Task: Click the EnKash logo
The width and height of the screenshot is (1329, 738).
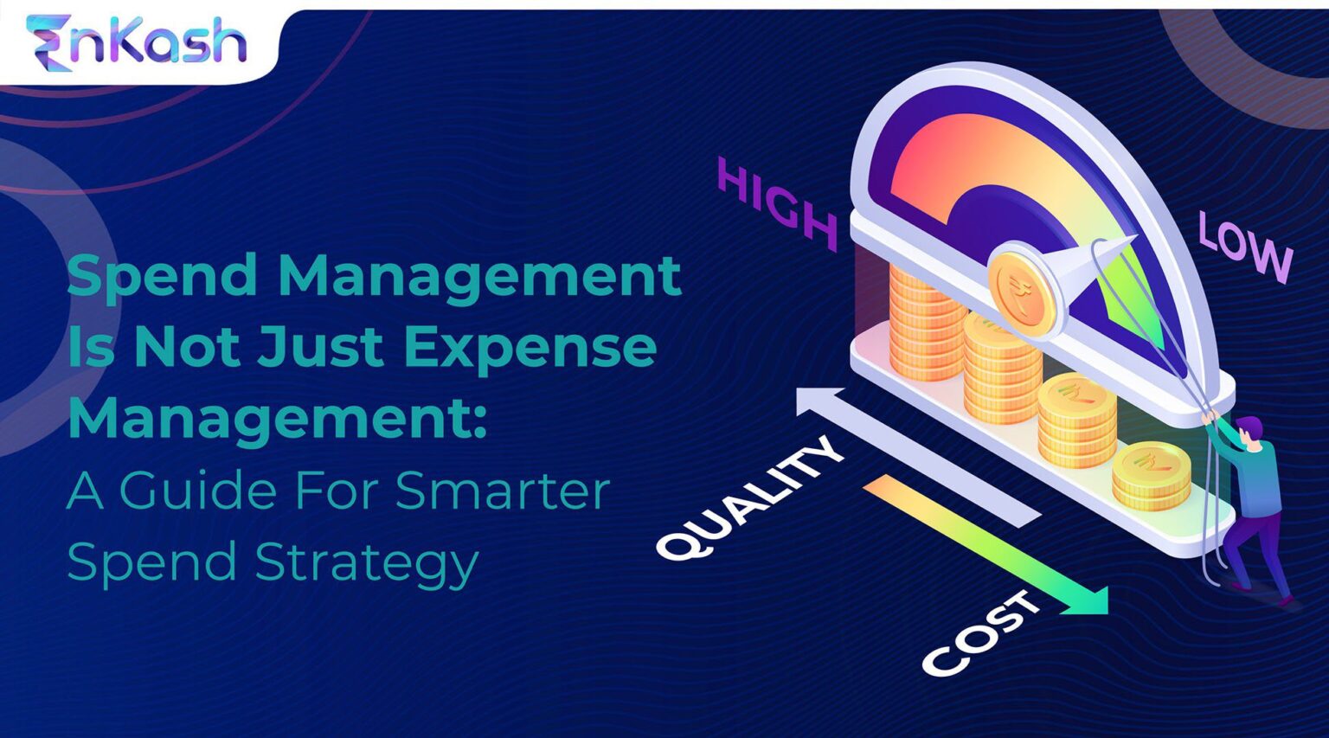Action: tap(137, 42)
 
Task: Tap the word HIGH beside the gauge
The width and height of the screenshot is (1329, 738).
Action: tap(777, 204)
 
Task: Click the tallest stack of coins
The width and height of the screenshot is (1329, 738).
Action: tap(924, 324)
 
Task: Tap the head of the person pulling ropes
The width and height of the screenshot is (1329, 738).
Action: tap(1249, 429)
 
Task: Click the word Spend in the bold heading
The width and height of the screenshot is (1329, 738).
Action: tap(162, 275)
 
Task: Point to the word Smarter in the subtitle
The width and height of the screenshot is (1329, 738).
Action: tap(502, 490)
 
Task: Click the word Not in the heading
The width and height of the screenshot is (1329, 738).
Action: tap(186, 346)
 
